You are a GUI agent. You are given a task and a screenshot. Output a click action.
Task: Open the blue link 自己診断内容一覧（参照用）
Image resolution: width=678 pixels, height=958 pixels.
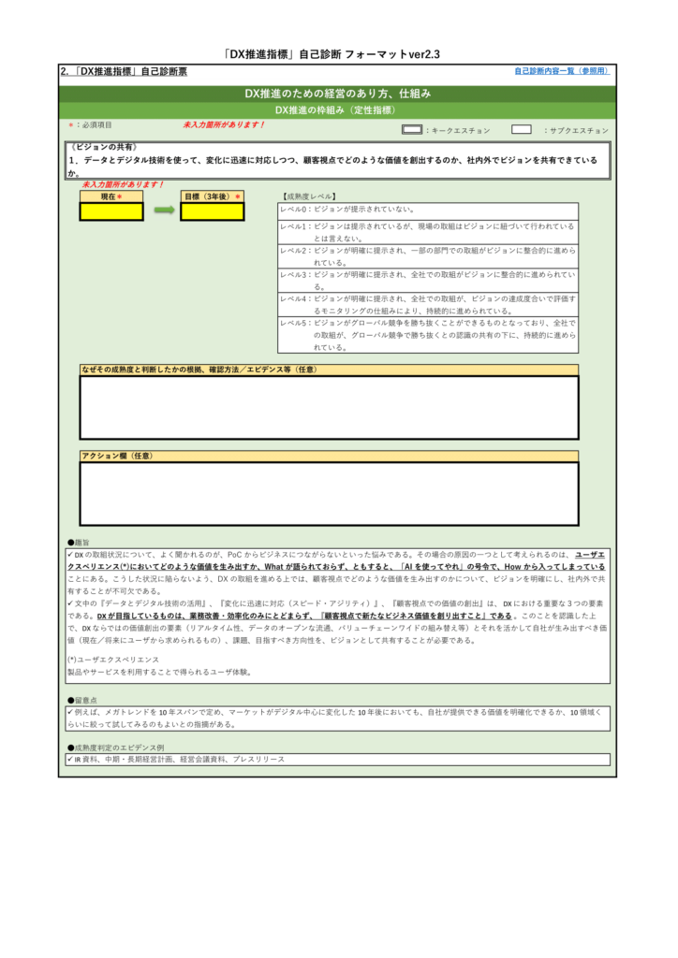click(561, 71)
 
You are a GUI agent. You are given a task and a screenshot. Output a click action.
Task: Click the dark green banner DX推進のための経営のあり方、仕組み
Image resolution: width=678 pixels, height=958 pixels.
click(338, 94)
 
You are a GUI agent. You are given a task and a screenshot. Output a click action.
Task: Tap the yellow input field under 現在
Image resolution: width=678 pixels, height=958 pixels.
click(111, 211)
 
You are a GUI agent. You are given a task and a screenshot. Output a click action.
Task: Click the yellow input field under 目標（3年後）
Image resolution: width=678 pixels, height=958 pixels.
click(213, 211)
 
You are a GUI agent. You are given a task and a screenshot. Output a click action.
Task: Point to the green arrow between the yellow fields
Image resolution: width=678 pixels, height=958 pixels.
click(164, 210)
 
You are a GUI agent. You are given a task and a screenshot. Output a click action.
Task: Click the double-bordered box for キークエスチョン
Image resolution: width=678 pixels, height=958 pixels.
click(411, 130)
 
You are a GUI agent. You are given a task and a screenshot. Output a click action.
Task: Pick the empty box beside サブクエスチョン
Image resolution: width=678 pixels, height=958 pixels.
click(522, 130)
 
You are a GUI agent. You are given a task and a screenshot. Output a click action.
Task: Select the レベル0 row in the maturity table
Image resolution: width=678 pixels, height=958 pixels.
click(428, 210)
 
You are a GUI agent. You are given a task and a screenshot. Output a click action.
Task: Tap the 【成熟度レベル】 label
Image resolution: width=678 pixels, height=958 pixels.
click(307, 196)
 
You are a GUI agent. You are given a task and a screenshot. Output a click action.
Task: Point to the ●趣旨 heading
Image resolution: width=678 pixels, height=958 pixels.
click(79, 542)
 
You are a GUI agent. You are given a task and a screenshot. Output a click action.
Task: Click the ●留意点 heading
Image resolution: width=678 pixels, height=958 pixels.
click(81, 699)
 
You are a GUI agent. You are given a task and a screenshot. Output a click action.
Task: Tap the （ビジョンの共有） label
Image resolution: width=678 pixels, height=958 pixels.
click(104, 148)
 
